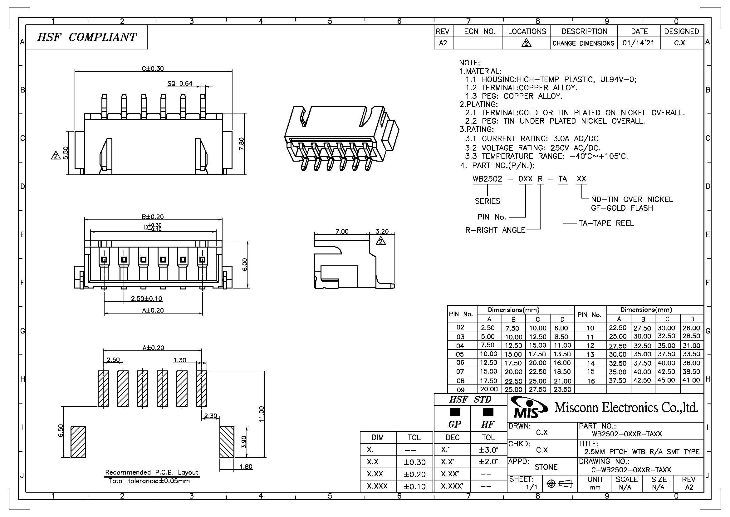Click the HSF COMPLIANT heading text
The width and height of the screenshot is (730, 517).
tap(86, 37)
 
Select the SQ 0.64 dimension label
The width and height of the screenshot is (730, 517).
tap(180, 83)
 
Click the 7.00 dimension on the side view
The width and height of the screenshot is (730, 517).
tap(342, 231)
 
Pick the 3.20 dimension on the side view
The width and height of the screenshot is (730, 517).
tap(382, 231)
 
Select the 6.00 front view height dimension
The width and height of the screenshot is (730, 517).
tap(244, 264)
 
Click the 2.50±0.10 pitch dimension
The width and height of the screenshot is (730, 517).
tap(147, 299)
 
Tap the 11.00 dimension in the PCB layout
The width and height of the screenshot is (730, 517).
tap(261, 414)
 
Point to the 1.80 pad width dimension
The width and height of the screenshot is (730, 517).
tap(246, 467)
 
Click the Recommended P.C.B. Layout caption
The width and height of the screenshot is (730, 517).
tap(152, 472)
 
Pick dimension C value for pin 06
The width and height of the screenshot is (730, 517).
tap(537, 363)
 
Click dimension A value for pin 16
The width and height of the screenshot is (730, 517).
tap(617, 380)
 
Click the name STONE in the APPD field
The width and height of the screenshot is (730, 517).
tap(546, 467)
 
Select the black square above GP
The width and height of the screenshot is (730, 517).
tap(455, 412)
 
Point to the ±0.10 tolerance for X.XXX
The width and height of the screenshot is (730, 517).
tap(414, 486)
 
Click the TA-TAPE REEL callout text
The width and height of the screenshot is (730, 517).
tap(606, 223)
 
